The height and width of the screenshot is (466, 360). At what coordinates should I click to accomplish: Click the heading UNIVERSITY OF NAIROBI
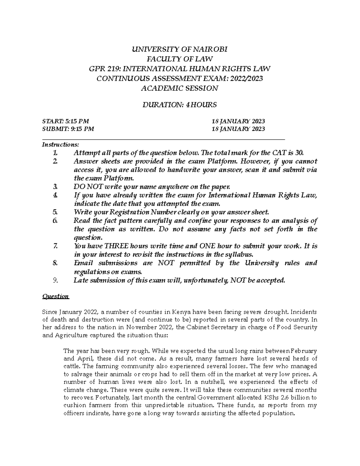[180, 50]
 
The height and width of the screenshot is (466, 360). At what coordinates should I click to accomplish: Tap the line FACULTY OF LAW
[180, 59]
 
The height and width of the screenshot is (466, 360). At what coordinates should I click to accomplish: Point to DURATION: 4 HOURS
[180, 105]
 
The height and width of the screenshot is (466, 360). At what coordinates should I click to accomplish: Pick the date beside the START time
[238, 121]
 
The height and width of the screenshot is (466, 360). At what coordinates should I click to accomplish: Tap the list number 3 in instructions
[55, 187]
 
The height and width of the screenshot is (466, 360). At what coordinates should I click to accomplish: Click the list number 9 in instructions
[55, 281]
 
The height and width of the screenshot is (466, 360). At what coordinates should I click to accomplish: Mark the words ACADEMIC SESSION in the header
[180, 88]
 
